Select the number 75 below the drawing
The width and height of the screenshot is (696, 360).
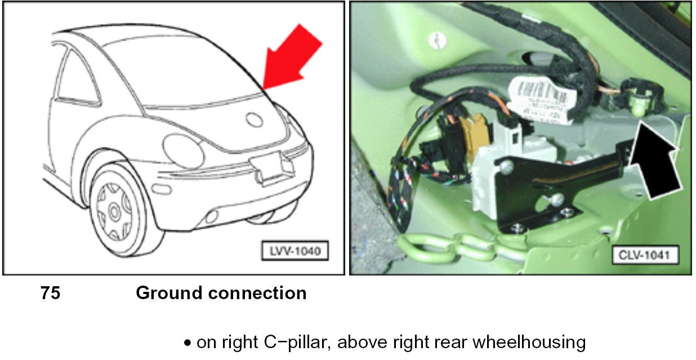(x=50, y=293)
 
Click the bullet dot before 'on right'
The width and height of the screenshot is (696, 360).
(x=188, y=343)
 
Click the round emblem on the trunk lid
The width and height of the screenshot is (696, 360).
(x=255, y=119)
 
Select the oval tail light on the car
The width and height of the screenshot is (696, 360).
(x=183, y=150)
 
